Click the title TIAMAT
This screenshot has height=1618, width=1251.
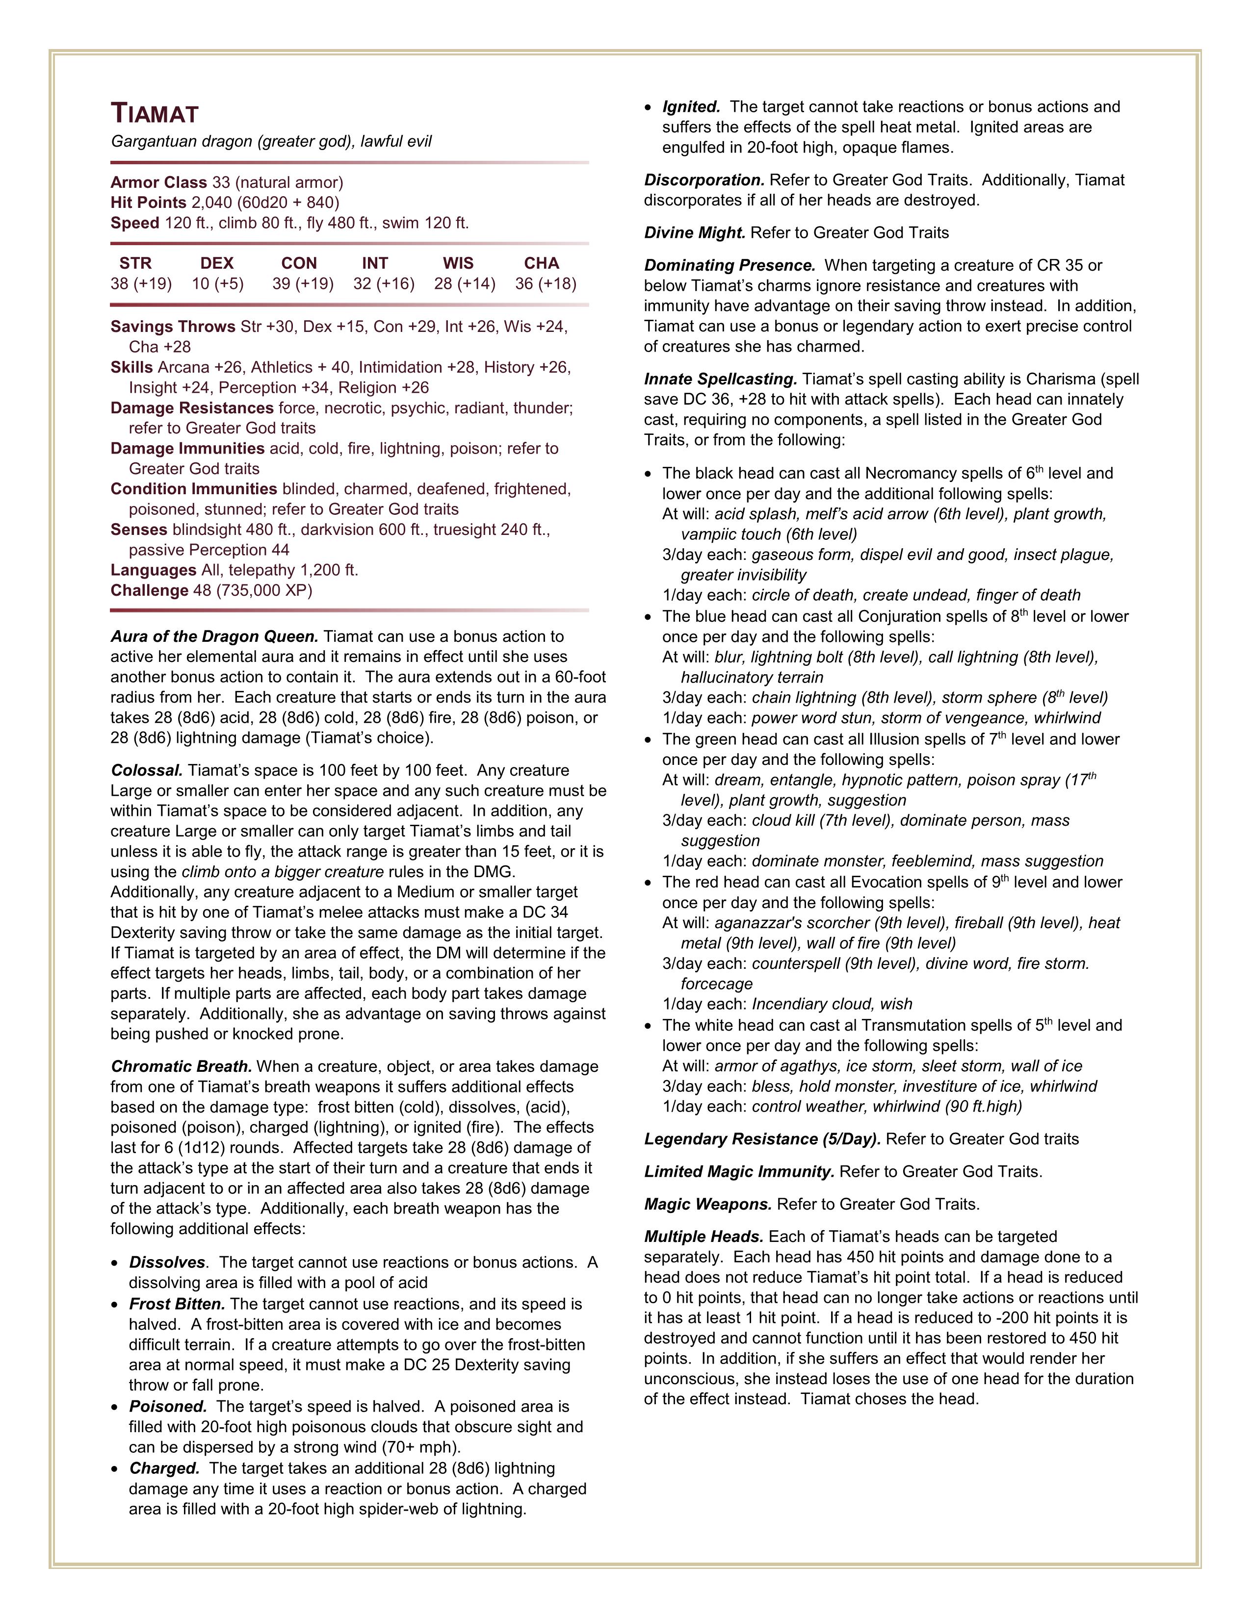(x=155, y=114)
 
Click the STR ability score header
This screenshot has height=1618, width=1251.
(x=135, y=263)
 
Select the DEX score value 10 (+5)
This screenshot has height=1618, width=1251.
(x=217, y=284)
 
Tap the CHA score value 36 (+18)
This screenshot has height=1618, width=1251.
(x=546, y=284)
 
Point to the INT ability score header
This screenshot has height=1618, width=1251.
(x=375, y=263)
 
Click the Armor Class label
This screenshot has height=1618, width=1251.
(x=158, y=182)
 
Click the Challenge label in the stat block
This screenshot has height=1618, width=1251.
(x=149, y=590)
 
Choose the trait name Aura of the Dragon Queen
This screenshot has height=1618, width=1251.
(x=214, y=636)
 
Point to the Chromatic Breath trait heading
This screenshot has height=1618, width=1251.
(x=182, y=1067)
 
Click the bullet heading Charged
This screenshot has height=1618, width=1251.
(x=164, y=1468)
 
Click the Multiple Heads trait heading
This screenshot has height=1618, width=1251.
(x=704, y=1237)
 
